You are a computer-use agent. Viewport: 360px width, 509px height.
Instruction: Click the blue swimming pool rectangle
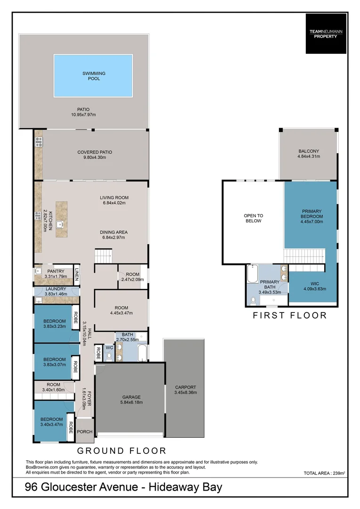pyautogui.click(x=93, y=75)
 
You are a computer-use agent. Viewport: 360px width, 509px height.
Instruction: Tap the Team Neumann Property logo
pyautogui.click(x=326, y=33)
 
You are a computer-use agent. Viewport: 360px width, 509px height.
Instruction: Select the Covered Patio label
pyautogui.click(x=95, y=152)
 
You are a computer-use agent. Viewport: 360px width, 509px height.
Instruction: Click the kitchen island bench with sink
pyautogui.click(x=61, y=219)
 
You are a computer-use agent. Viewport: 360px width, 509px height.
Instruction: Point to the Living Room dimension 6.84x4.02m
pyautogui.click(x=114, y=203)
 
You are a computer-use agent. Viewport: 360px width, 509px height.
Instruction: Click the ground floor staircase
pyautogui.click(x=104, y=257)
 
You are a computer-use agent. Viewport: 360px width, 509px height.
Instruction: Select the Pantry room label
pyautogui.click(x=56, y=271)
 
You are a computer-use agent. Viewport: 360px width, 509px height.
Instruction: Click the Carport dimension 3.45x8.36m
pyautogui.click(x=185, y=392)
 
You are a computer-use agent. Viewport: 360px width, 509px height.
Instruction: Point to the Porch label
pyautogui.click(x=85, y=432)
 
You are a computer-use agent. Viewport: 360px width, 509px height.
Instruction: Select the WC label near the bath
pyautogui.click(x=109, y=348)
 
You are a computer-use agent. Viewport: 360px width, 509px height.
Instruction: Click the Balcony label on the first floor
pyautogui.click(x=309, y=151)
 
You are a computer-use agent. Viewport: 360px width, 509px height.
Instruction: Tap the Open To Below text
pyautogui.click(x=253, y=218)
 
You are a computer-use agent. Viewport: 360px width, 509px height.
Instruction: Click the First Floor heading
pyautogui.click(x=290, y=315)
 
